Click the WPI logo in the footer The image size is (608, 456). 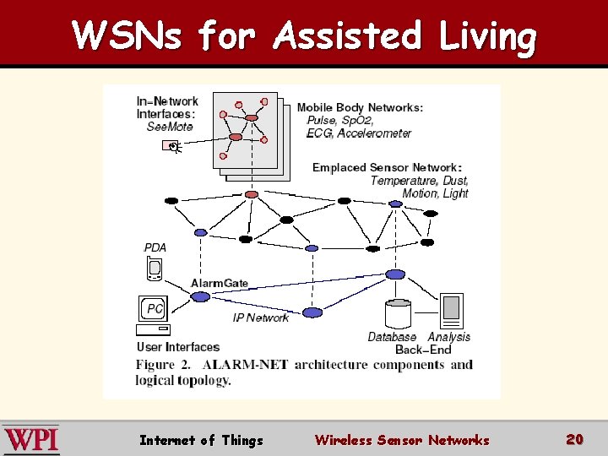coord(31,439)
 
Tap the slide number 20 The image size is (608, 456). coord(575,439)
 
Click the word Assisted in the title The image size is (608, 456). coord(347,36)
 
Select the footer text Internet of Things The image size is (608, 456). coord(201,440)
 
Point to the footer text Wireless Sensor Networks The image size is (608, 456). coord(402,440)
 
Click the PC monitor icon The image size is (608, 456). coord(154,310)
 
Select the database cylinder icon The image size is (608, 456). coord(398,314)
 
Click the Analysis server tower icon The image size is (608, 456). coord(452,311)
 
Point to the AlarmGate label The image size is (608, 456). coord(220,283)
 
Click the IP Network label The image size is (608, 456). coord(261,318)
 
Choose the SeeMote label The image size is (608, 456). coord(170,127)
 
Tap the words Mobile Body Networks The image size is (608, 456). coord(360,107)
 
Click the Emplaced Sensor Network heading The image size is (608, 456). coord(386,167)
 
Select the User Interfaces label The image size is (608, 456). coord(178,347)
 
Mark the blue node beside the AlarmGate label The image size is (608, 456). coord(200,296)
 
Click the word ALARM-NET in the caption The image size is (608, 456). coord(244,365)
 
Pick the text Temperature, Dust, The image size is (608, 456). coord(420,181)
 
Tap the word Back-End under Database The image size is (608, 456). coord(423,350)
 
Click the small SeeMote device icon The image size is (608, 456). coord(171,147)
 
